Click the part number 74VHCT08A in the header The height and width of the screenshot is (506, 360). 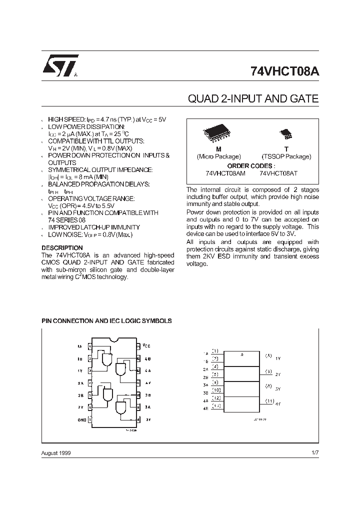click(284, 71)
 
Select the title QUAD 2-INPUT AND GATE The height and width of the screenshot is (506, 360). click(253, 98)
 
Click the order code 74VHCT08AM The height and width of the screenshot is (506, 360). click(225, 173)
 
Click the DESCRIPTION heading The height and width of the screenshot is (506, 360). click(62, 248)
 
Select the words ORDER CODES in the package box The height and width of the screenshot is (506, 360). click(250, 165)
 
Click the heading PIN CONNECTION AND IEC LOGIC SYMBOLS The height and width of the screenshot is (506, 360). click(106, 321)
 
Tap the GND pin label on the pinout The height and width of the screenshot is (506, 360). click(81, 420)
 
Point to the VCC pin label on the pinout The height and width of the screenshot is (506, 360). click(146, 345)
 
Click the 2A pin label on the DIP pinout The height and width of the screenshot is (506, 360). click(80, 383)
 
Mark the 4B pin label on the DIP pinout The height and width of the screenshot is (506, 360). click(147, 358)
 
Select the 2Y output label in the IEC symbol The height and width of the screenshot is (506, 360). click(278, 374)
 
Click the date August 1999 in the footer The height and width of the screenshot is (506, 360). click(56, 452)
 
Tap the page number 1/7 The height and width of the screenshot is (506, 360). click(314, 452)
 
